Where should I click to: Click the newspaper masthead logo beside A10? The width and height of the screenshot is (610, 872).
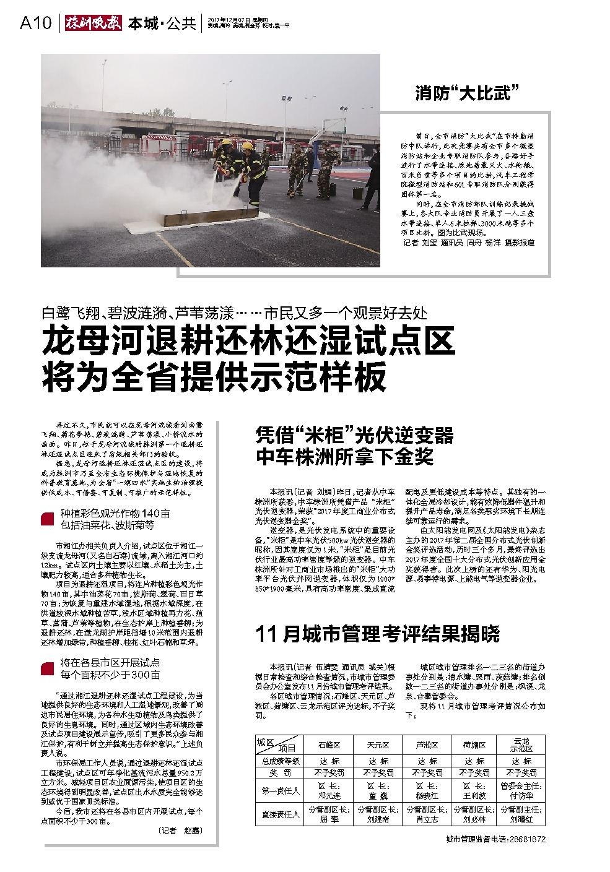coord(92,24)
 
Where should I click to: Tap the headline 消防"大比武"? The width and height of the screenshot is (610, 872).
coord(466,94)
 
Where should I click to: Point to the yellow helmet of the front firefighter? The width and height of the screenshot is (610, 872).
coord(246,147)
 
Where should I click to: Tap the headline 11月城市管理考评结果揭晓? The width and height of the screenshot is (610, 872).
coord(377,634)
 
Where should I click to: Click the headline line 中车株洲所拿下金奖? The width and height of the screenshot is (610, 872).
coord(346,457)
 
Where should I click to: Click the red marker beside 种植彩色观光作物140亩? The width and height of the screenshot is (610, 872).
coord(48,519)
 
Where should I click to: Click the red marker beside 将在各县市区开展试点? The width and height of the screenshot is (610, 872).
coord(48,668)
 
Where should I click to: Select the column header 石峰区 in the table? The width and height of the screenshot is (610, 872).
coord(329,745)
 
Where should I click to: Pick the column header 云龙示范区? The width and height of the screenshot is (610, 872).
coord(520,745)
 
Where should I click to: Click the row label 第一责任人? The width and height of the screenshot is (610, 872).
coord(281,790)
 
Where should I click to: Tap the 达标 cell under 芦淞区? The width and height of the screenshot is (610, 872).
coord(427,761)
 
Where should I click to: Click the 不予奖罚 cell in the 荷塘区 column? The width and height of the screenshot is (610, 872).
coord(474,773)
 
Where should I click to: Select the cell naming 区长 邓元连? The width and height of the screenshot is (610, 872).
coord(329,790)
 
